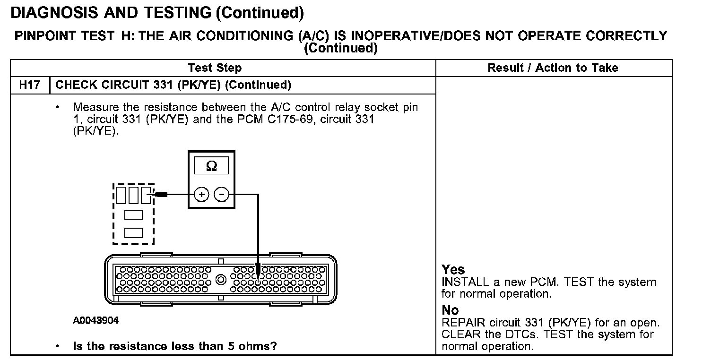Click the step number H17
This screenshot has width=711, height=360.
coord(29,85)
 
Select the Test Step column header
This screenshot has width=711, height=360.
coord(215,68)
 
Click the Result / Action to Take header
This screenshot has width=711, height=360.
coord(553,68)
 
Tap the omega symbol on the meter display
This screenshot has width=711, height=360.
coord(211,166)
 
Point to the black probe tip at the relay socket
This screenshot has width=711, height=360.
coord(161,194)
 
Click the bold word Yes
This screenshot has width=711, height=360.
coord(453,270)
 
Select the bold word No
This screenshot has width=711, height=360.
coord(450,310)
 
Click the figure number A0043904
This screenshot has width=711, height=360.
coord(95,321)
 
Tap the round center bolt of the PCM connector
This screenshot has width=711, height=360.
coord(220,279)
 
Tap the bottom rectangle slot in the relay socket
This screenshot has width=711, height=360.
coord(133,232)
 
